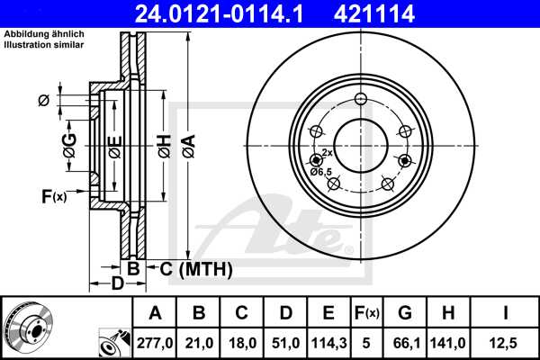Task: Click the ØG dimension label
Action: [x=68, y=144]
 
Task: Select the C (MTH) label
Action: [x=196, y=269]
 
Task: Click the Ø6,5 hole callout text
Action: [x=321, y=171]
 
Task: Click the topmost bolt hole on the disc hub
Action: [x=360, y=99]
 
